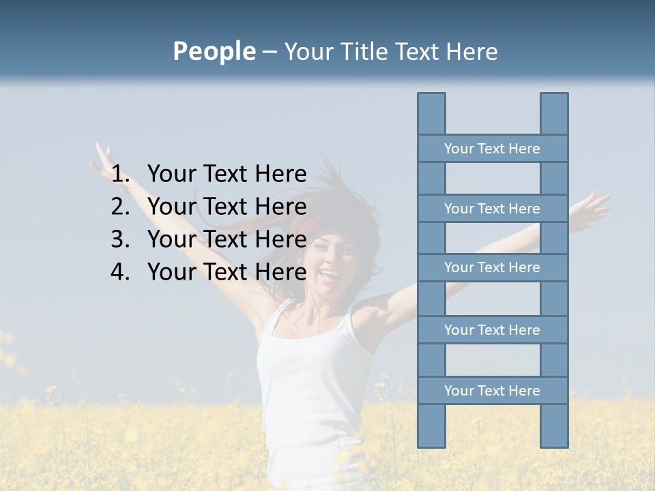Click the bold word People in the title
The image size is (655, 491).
pyautogui.click(x=214, y=51)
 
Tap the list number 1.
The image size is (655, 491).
pyautogui.click(x=120, y=174)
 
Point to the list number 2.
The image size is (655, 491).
pyautogui.click(x=120, y=207)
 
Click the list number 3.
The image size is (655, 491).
pyautogui.click(x=120, y=239)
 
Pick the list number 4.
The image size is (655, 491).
pyautogui.click(x=120, y=272)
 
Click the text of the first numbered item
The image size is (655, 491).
pyautogui.click(x=227, y=174)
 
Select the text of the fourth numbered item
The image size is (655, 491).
pyautogui.click(x=227, y=272)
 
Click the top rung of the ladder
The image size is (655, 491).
pyautogui.click(x=492, y=149)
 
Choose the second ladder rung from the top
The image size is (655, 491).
pyautogui.click(x=492, y=209)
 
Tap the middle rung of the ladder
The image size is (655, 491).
pyautogui.click(x=492, y=267)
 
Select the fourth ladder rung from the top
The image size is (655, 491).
pyautogui.click(x=492, y=330)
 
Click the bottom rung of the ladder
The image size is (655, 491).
pyautogui.click(x=492, y=391)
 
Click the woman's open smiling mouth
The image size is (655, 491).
pyautogui.click(x=329, y=276)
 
